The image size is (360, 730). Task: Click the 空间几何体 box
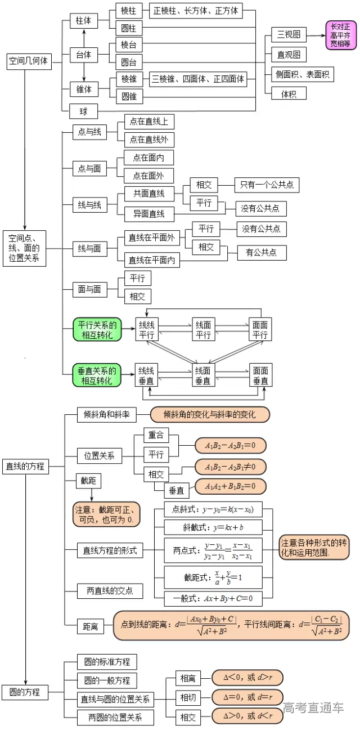(x=28, y=61)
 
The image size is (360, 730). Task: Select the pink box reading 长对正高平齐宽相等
(x=340, y=35)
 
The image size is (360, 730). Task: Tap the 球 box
(x=83, y=111)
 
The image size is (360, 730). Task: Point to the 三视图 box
(x=289, y=35)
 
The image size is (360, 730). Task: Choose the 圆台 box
(x=129, y=62)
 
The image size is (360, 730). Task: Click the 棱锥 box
(x=129, y=79)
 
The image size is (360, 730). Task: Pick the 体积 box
(x=289, y=93)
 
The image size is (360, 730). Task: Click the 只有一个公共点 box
(x=267, y=185)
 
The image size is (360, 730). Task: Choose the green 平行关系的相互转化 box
(x=97, y=329)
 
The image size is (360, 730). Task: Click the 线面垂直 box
(x=203, y=375)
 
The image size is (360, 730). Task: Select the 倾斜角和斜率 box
(x=107, y=415)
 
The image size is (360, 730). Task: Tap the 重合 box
(x=156, y=436)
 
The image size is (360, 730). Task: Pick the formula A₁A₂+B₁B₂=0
(x=231, y=486)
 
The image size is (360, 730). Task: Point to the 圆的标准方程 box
(x=107, y=661)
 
